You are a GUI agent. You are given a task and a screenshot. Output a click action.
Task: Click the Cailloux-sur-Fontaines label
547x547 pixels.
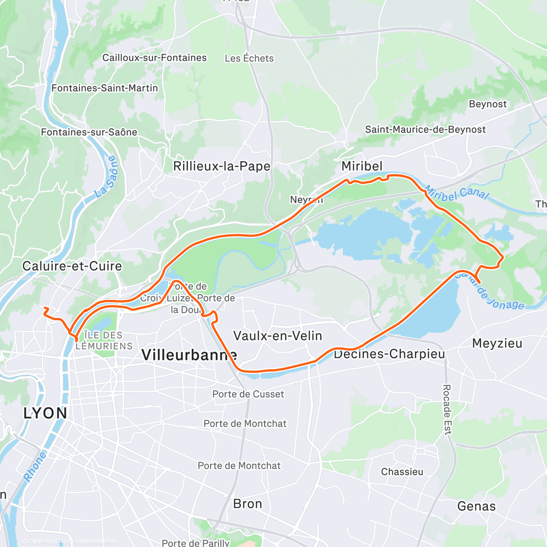pyautogui.click(x=154, y=58)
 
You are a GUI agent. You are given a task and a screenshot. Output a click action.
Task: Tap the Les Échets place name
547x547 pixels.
pyautogui.click(x=249, y=58)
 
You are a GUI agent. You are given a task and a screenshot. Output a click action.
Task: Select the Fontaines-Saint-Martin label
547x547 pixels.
pyautogui.click(x=104, y=88)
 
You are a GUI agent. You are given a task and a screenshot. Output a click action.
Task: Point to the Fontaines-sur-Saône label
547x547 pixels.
pyautogui.click(x=89, y=132)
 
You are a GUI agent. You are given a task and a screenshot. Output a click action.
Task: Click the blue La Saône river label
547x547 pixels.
pyautogui.click(x=106, y=177)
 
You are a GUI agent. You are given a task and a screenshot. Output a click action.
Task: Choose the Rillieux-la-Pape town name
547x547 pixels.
pyautogui.click(x=222, y=166)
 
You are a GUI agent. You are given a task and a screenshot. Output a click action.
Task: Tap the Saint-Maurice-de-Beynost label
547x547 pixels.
pyautogui.click(x=425, y=129)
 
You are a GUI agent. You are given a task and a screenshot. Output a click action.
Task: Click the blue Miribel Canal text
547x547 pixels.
pyautogui.click(x=456, y=194)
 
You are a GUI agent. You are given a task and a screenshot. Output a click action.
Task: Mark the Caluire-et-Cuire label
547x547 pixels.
pyautogui.click(x=72, y=266)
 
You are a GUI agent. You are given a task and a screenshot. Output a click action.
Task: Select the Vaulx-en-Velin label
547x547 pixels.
pyautogui.click(x=278, y=336)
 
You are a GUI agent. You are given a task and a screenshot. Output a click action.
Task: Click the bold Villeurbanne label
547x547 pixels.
pyautogui.click(x=189, y=355)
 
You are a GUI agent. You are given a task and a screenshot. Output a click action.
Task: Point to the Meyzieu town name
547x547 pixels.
pyautogui.click(x=497, y=343)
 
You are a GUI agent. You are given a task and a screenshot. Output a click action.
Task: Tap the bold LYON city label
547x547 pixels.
pyautogui.click(x=45, y=413)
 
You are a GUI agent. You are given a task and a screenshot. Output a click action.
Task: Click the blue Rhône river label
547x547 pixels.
pyautogui.click(x=35, y=466)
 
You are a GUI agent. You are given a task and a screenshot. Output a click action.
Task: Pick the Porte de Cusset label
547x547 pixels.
pyautogui.click(x=248, y=394)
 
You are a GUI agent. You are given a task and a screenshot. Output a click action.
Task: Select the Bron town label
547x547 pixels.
pyautogui.click(x=248, y=504)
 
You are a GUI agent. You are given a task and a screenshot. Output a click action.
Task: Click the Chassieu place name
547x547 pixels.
pyautogui.click(x=402, y=472)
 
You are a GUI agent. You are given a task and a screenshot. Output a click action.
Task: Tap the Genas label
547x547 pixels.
pyautogui.click(x=476, y=506)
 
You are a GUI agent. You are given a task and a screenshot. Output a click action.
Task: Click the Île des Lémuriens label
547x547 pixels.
pyautogui.click(x=104, y=341)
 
